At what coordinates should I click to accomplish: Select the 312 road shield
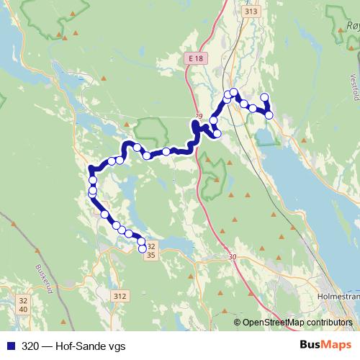pyautogui.click(x=120, y=296)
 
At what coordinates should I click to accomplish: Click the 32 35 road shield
pyautogui.click(x=150, y=250)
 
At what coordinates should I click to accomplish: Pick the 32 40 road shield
pyautogui.click(x=24, y=305)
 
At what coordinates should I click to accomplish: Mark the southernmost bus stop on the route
pyautogui.click(x=142, y=249)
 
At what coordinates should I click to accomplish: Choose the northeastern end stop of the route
pyautogui.click(x=264, y=97)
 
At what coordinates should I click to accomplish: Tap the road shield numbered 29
pyautogui.click(x=199, y=115)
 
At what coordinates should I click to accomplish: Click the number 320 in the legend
pyautogui.click(x=30, y=346)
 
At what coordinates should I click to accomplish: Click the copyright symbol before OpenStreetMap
pyautogui.click(x=238, y=323)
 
